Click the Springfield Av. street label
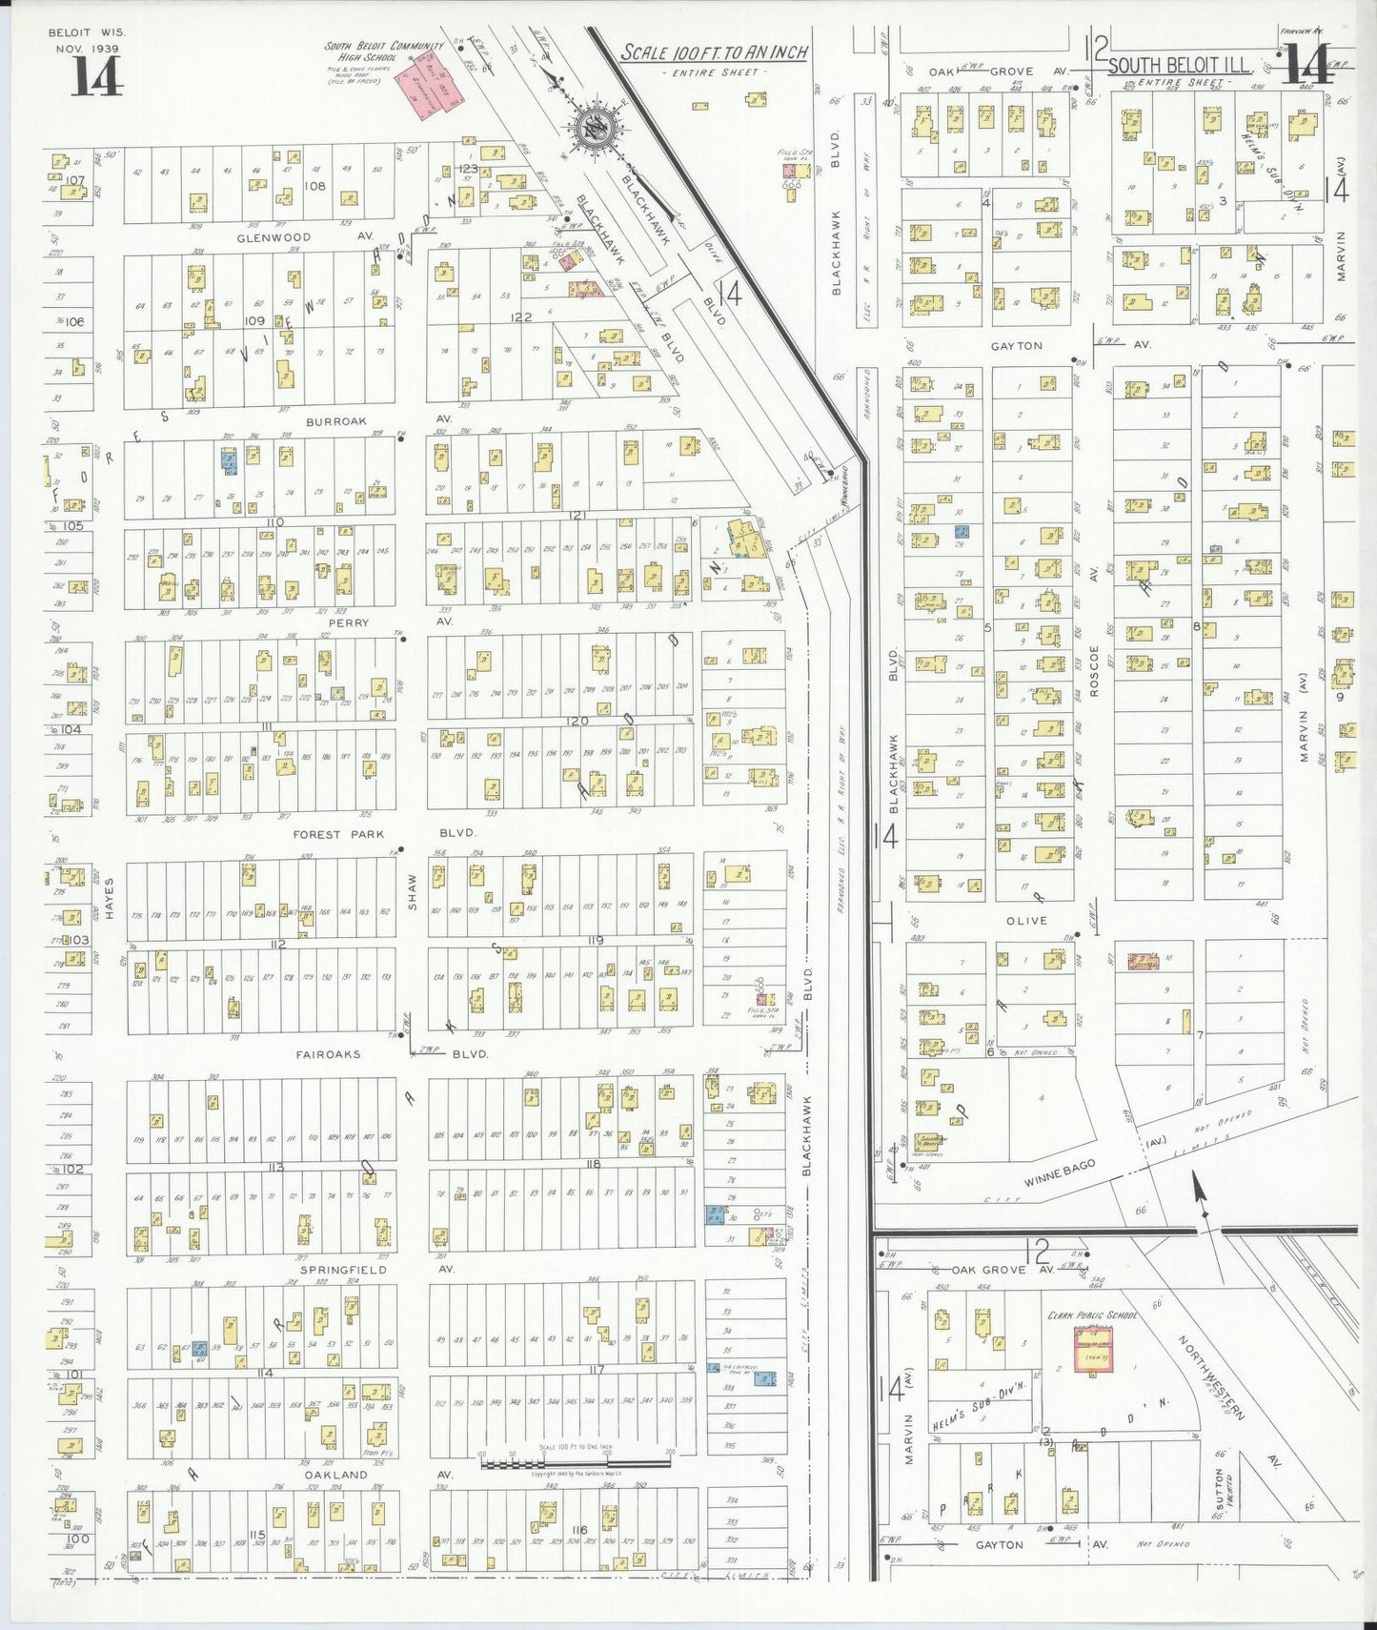[x=343, y=1270]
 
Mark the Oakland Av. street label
[x=335, y=1475]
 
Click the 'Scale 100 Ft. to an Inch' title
[x=714, y=52]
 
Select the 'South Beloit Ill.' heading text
[x=1191, y=65]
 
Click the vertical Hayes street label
[x=110, y=898]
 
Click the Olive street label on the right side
[x=1024, y=921]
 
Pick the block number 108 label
[x=314, y=186]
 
